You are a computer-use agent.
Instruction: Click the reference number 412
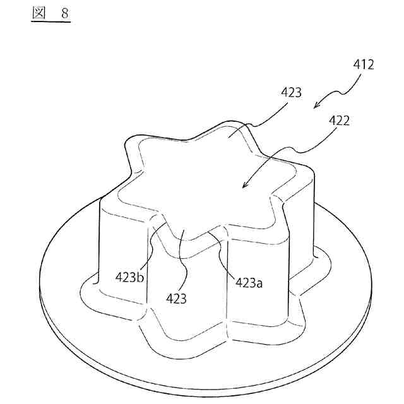[x=362, y=64]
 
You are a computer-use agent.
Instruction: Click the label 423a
[x=249, y=282]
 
